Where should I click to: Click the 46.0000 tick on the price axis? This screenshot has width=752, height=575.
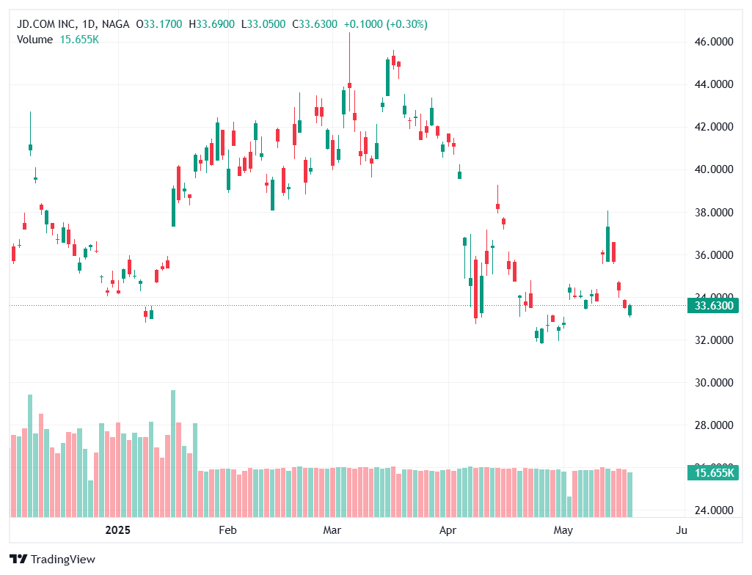[x=714, y=42]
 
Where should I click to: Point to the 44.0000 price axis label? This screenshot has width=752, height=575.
[x=714, y=84]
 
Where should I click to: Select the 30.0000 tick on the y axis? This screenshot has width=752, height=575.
[x=714, y=383]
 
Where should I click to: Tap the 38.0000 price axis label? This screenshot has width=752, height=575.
[x=714, y=213]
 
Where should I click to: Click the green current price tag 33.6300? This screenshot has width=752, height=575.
[x=714, y=306]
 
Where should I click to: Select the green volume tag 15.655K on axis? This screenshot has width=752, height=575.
[x=714, y=473]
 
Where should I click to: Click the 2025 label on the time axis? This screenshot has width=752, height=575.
[x=119, y=530]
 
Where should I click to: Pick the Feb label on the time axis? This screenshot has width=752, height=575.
[x=227, y=530]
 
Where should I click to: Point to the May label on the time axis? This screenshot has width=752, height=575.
[x=563, y=530]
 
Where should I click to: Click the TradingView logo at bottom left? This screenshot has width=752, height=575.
[x=52, y=560]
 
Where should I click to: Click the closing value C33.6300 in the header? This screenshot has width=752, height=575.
[x=315, y=24]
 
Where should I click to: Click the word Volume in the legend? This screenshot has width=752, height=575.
[x=34, y=40]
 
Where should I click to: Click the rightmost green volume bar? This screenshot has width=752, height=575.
[x=629, y=494]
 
